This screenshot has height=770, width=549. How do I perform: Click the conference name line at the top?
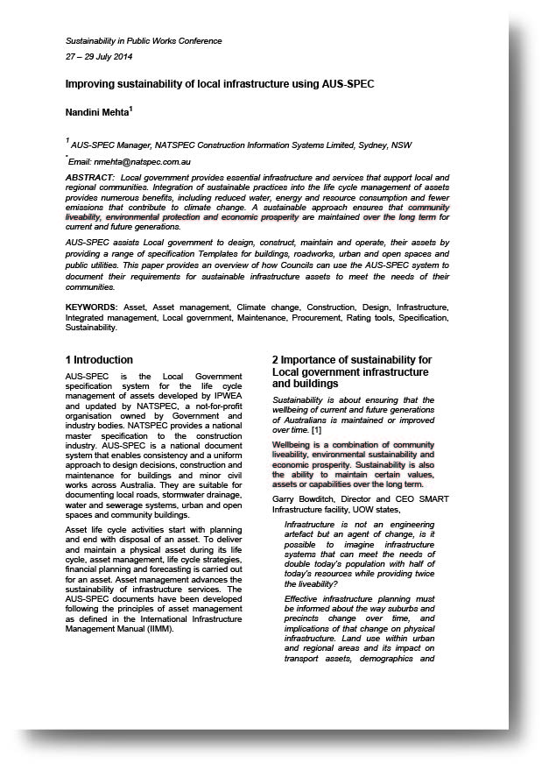pos(144,41)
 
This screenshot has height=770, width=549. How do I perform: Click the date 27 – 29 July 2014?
pos(98,56)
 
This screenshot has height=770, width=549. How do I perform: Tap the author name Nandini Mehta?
pos(96,112)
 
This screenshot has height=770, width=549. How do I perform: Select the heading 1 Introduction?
pos(100,360)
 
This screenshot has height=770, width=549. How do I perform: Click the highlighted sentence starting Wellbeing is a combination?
pos(353,464)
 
